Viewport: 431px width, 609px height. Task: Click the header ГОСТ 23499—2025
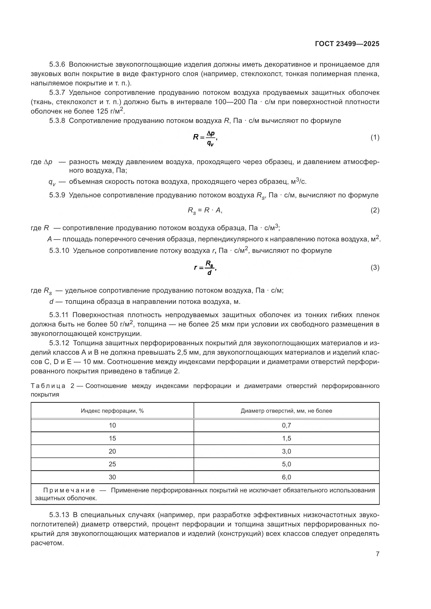pos(347,44)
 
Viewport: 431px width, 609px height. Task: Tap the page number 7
pos(377,554)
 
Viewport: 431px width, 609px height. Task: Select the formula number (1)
pos(375,137)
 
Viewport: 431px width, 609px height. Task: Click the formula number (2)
pos(375,210)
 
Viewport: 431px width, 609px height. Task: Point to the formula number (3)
pos(375,268)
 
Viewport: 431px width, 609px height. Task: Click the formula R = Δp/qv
pos(205,138)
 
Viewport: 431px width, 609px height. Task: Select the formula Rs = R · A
pos(205,211)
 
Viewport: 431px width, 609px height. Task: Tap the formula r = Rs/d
pos(205,268)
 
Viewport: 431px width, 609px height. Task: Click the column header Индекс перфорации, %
pos(112,411)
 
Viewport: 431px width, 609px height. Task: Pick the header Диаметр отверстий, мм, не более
pos(286,411)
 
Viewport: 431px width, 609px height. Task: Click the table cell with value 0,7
pos(286,425)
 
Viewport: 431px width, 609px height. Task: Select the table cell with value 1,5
pos(286,438)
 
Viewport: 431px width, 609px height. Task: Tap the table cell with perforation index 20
pos(112,451)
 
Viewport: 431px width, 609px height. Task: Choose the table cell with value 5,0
pos(286,464)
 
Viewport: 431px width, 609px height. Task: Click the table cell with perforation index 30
pos(112,477)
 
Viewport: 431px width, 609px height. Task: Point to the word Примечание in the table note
pos(69,490)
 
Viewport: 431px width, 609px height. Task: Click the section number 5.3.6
pos(57,65)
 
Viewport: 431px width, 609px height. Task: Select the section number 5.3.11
pos(59,315)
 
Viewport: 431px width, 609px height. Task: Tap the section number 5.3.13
pos(59,515)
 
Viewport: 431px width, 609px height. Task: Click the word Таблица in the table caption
pos(48,386)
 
